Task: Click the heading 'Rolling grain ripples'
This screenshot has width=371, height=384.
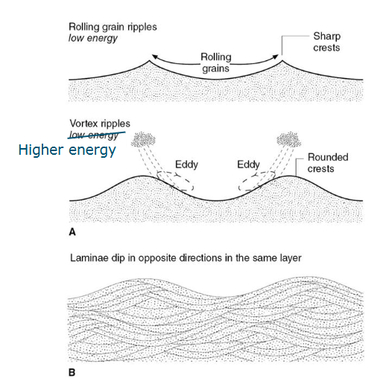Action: [x=112, y=27]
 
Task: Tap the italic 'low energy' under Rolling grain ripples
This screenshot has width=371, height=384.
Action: [x=92, y=38]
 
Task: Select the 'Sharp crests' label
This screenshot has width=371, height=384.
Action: [x=326, y=42]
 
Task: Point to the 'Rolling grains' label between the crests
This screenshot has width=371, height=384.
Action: [x=216, y=63]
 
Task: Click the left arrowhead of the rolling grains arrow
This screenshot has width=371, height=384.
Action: [x=154, y=57]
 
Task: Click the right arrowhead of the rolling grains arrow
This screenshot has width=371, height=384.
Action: [x=276, y=57]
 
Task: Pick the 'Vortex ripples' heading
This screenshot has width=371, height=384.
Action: [x=100, y=124]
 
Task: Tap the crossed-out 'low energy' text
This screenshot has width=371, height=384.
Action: [x=94, y=135]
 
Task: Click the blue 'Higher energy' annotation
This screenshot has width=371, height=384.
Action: [x=67, y=150]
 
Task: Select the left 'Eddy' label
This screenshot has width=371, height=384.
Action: [x=186, y=164]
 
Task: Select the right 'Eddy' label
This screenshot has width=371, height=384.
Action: [x=248, y=164]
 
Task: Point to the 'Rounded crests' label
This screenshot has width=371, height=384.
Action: [x=328, y=163]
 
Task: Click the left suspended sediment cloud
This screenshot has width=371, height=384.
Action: [x=143, y=139]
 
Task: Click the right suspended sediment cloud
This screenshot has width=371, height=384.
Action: [x=289, y=139]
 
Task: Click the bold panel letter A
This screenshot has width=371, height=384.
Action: [x=72, y=232]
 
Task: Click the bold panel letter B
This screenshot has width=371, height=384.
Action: [x=72, y=373]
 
